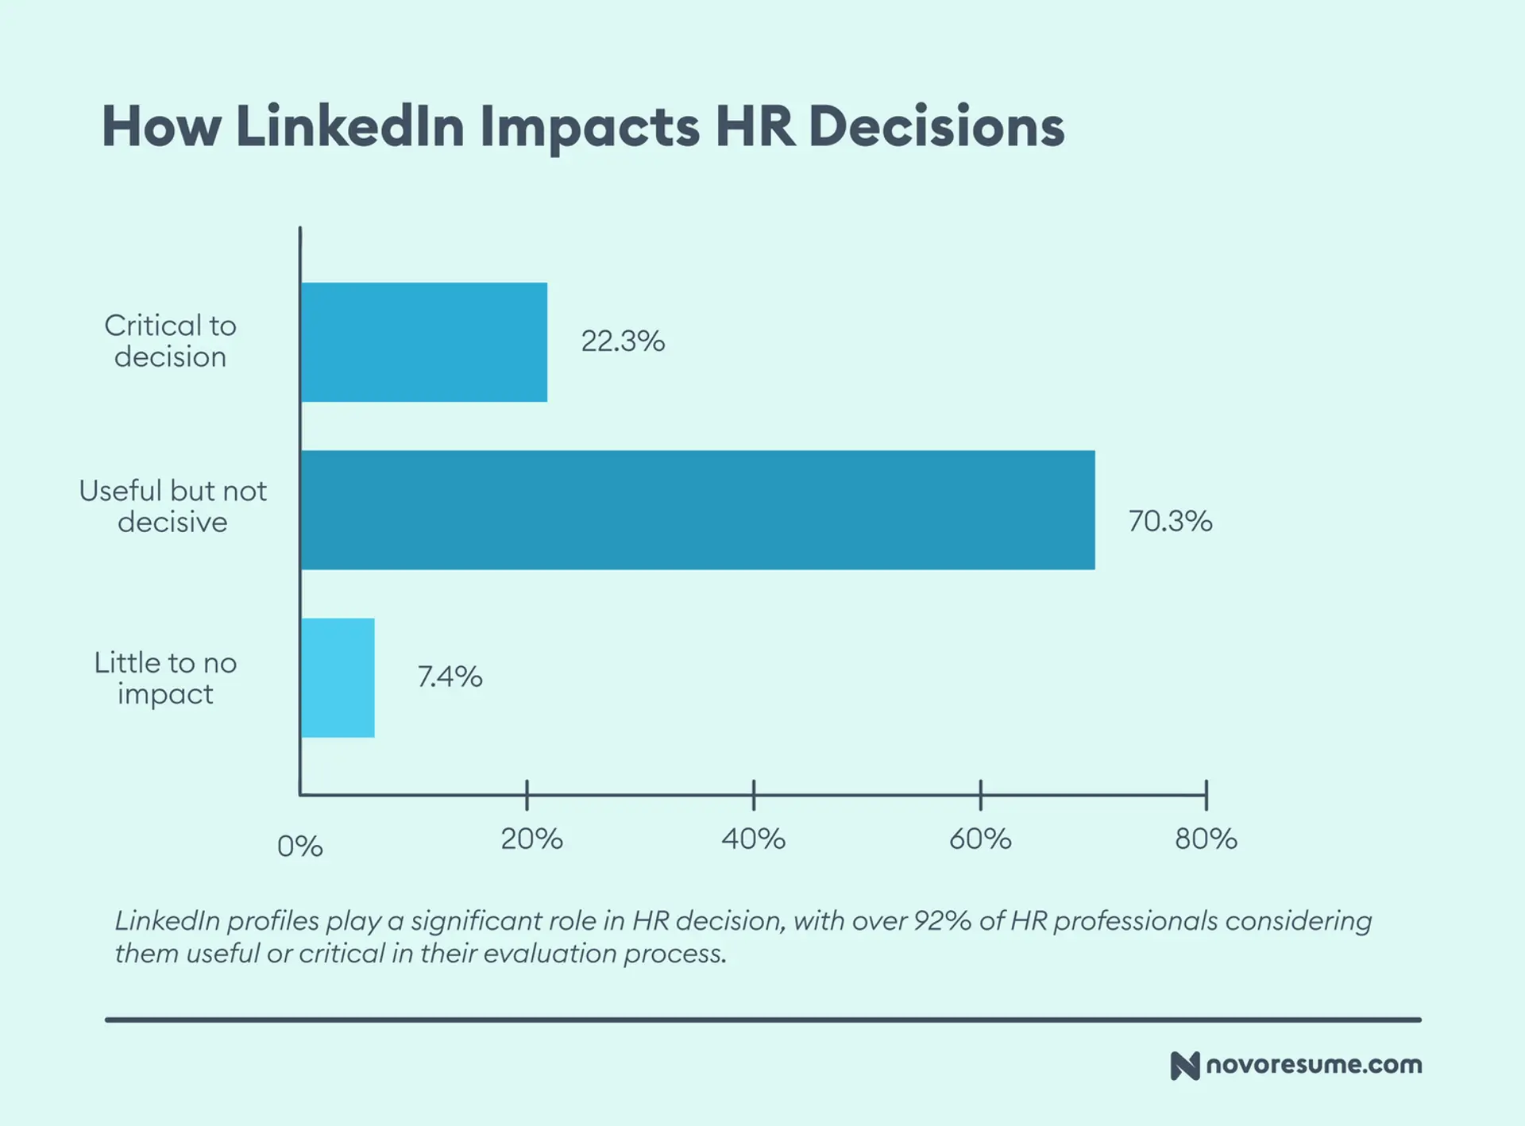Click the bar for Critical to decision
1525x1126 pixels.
point(424,342)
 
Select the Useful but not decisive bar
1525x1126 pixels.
point(697,510)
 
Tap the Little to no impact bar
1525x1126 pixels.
point(338,677)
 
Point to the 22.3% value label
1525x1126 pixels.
point(623,341)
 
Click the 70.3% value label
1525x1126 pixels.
point(1170,521)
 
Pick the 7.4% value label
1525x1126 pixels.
point(450,677)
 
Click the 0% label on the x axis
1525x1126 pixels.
point(299,846)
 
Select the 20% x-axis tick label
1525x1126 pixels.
point(531,839)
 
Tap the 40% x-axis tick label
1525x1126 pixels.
point(753,839)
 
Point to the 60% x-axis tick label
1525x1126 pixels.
point(980,839)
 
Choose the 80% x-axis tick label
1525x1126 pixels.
point(1206,839)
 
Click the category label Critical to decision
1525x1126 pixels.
point(170,341)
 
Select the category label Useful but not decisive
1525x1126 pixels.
point(172,507)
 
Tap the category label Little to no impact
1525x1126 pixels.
point(165,678)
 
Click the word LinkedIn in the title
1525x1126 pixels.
point(349,126)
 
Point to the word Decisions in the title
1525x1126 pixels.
point(936,126)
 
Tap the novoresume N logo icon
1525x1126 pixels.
point(1184,1066)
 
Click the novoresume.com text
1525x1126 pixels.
point(1314,1065)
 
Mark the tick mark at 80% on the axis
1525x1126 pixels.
point(1206,795)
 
